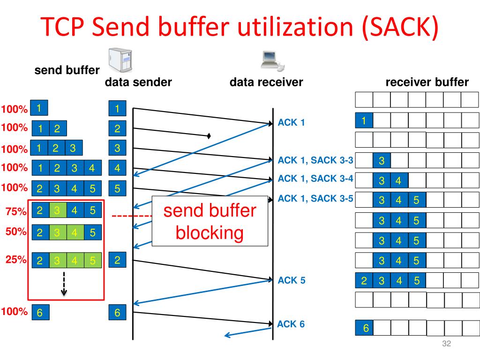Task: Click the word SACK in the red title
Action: tap(399, 27)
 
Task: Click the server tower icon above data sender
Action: tap(120, 60)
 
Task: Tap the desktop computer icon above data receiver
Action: tap(272, 60)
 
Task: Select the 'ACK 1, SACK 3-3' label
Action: tap(315, 160)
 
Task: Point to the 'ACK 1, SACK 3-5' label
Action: tap(315, 198)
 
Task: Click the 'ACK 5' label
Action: tap(292, 280)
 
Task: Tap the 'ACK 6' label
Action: tap(291, 324)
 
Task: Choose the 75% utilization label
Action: tap(16, 211)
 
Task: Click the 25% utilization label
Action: tap(16, 260)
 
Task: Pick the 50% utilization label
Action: tap(16, 232)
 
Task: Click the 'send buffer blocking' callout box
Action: tap(210, 221)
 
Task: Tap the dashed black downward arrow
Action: tap(64, 284)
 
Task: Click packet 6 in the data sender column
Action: tap(117, 312)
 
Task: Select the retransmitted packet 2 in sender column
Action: tap(117, 260)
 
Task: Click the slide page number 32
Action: tap(446, 344)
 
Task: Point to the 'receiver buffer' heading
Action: tap(427, 82)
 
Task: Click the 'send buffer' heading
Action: tap(67, 70)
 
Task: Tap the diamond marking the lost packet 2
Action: tap(209, 135)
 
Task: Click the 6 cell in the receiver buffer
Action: tap(364, 328)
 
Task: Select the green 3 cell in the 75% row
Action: tap(58, 210)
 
